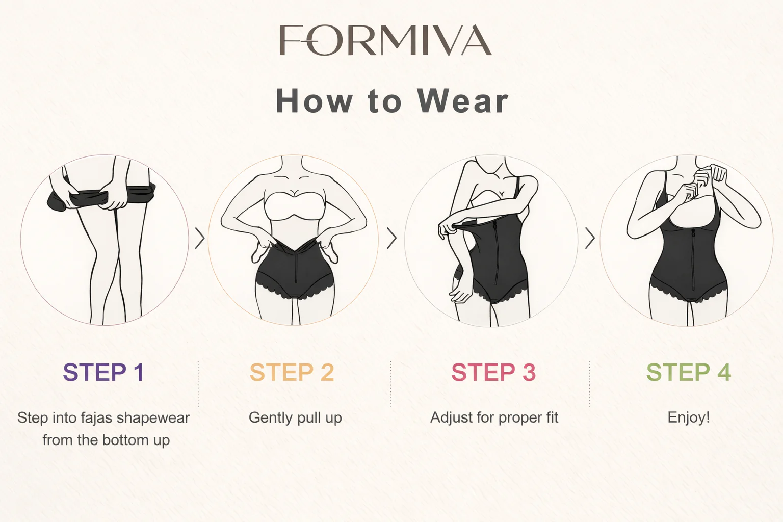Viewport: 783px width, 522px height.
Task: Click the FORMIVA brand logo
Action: (x=385, y=40)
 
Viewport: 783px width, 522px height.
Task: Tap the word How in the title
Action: (x=314, y=101)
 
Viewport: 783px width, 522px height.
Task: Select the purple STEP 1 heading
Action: (x=103, y=372)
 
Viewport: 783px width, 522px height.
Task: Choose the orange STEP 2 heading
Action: (x=292, y=372)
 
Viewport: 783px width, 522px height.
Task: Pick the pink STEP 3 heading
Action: (x=493, y=372)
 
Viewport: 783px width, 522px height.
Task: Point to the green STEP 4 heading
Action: (x=689, y=372)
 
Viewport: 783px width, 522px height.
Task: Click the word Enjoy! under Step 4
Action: (x=689, y=418)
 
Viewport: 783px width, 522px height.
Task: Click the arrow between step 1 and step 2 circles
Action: (x=200, y=239)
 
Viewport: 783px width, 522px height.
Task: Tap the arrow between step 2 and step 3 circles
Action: (x=391, y=239)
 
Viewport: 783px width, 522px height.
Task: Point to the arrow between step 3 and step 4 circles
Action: (x=590, y=239)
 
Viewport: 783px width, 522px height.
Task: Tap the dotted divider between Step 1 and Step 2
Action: (x=198, y=383)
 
